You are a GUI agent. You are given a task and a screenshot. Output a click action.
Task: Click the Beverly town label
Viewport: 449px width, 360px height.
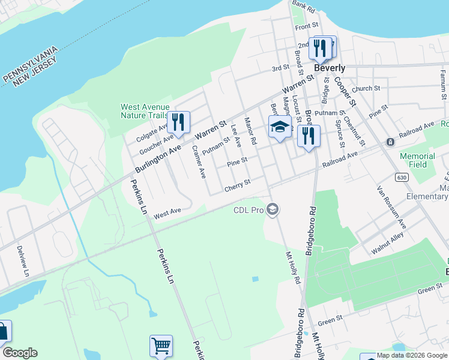330,68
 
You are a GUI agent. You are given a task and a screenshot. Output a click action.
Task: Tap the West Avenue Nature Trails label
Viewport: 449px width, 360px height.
145,111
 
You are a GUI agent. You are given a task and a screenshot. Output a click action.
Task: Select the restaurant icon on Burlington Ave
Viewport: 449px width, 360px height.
178,122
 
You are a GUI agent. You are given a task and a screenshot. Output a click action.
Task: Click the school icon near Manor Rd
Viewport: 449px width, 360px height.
279,127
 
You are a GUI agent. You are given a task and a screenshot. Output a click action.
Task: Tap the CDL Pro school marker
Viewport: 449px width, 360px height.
273,209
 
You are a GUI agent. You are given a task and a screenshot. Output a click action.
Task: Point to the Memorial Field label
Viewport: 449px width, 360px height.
417,160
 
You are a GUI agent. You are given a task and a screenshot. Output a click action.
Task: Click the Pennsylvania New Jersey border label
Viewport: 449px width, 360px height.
30,65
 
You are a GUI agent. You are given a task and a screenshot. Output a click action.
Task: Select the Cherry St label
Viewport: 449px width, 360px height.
237,188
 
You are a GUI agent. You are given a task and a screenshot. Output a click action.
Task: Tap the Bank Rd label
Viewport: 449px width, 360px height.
303,7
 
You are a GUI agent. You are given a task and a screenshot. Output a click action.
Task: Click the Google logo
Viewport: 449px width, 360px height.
20,353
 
